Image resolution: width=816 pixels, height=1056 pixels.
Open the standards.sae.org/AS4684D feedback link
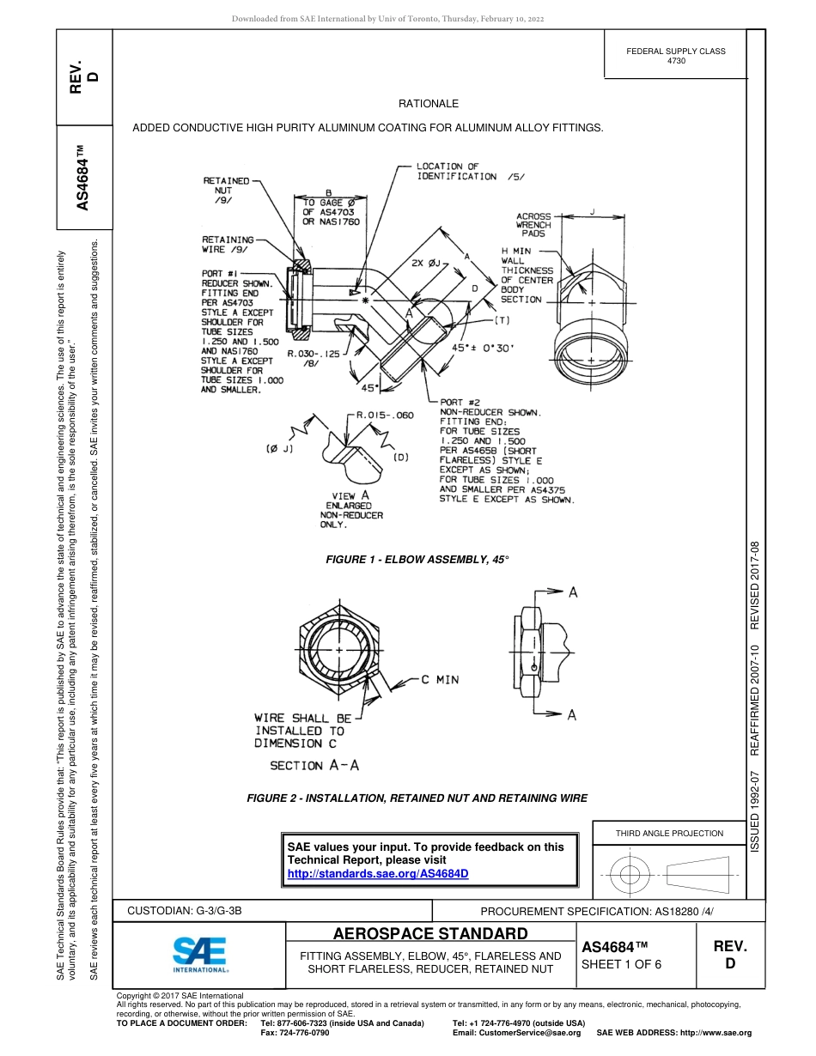[x=378, y=874]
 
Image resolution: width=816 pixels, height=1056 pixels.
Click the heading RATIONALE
[x=429, y=104]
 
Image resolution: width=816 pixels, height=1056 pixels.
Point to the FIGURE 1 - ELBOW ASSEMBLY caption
[x=417, y=560]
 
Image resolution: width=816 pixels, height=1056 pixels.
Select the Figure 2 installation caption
[x=417, y=798]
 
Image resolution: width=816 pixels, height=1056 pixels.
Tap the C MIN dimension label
[x=440, y=680]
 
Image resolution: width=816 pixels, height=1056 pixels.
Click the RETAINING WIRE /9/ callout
[x=228, y=245]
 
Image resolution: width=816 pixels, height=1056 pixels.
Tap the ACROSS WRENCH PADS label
[x=533, y=225]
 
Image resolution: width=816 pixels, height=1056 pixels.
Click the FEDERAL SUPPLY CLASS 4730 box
[x=676, y=56]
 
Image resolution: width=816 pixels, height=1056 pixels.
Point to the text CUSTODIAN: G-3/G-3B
[x=191, y=910]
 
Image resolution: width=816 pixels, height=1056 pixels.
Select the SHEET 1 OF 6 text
[x=622, y=963]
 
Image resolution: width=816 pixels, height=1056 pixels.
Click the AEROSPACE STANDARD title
[x=430, y=934]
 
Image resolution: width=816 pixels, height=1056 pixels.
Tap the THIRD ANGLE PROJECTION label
[x=669, y=833]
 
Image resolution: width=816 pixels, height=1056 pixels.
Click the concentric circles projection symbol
[x=630, y=876]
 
